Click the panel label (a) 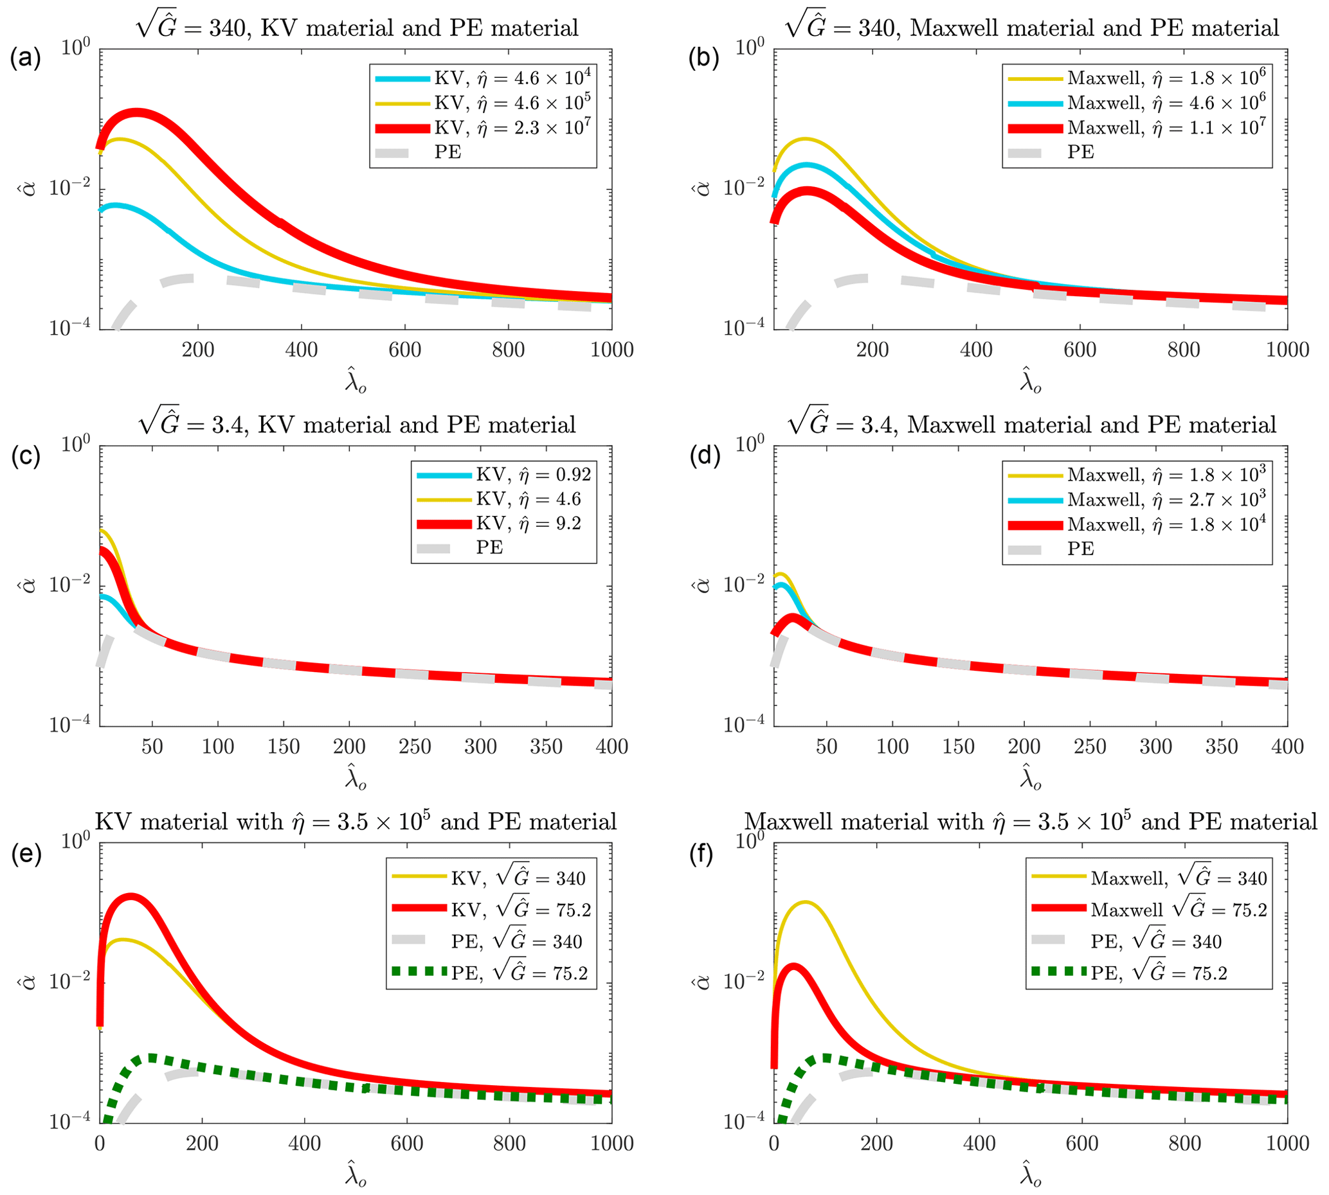25,58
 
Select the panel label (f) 701,854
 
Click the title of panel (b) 1031,28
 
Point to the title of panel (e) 356,821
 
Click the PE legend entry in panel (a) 448,152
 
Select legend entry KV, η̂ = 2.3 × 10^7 512,127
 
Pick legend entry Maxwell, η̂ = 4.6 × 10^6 1166,103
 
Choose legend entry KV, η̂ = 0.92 533,475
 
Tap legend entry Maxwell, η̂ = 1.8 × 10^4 1166,525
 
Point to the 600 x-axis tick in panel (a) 404,350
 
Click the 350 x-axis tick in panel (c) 546,747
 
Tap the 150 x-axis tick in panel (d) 958,747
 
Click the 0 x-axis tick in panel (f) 774,1143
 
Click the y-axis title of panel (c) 28,585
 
